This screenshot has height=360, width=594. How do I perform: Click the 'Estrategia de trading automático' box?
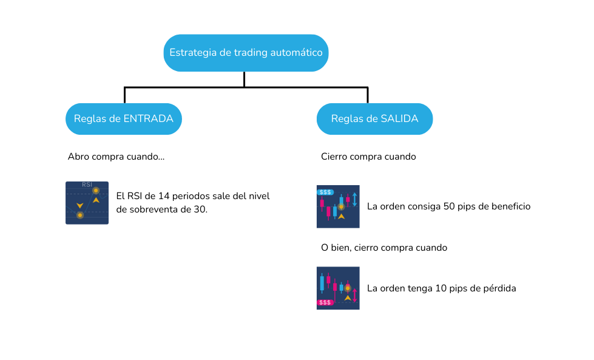(246, 53)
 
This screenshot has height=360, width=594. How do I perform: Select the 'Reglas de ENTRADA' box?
(124, 118)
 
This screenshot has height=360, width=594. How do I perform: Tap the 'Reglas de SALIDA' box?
(374, 118)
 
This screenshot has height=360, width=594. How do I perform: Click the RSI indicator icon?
(87, 203)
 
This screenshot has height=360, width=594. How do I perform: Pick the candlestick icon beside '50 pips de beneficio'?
(338, 206)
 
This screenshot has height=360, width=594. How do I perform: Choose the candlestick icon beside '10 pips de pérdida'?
(338, 288)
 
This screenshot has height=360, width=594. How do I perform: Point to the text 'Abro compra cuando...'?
(116, 157)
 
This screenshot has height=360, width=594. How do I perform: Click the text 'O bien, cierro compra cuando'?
(384, 248)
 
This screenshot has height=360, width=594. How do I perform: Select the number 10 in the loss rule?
(441, 288)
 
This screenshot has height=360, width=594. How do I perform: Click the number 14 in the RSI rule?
(164, 196)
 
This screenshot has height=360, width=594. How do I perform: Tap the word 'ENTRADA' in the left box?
(149, 118)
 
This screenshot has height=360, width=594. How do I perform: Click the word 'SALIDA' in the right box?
(399, 118)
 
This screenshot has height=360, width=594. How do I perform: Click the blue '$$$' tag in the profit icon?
(325, 192)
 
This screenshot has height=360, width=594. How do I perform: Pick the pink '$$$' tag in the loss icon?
(325, 302)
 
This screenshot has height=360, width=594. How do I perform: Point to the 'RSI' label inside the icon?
(87, 185)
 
